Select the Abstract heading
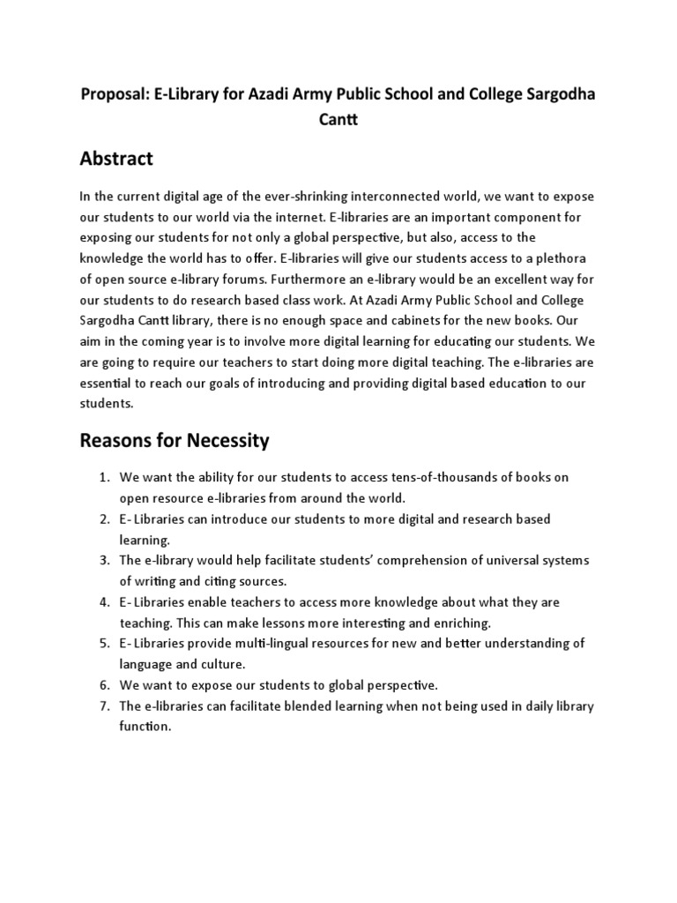tap(115, 159)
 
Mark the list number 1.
tap(103, 477)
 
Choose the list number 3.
tap(103, 561)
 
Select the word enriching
tap(458, 623)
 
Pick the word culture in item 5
tap(221, 664)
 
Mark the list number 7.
tap(103, 706)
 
